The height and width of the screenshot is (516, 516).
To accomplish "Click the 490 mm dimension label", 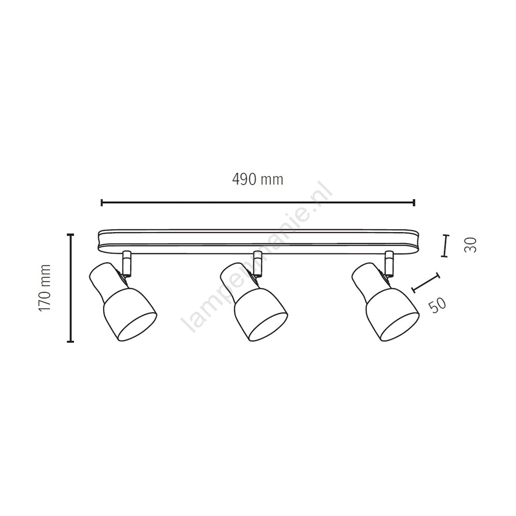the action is point(257,180).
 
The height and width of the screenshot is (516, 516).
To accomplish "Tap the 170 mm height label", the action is point(44,288).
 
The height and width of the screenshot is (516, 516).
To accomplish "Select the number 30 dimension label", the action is point(470,245).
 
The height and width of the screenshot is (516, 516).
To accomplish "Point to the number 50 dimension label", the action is point(438,305).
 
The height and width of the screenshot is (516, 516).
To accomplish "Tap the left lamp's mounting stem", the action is point(126,263).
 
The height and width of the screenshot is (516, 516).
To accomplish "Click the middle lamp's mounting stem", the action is point(257,263).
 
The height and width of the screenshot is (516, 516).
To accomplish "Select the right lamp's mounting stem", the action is point(389,263).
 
